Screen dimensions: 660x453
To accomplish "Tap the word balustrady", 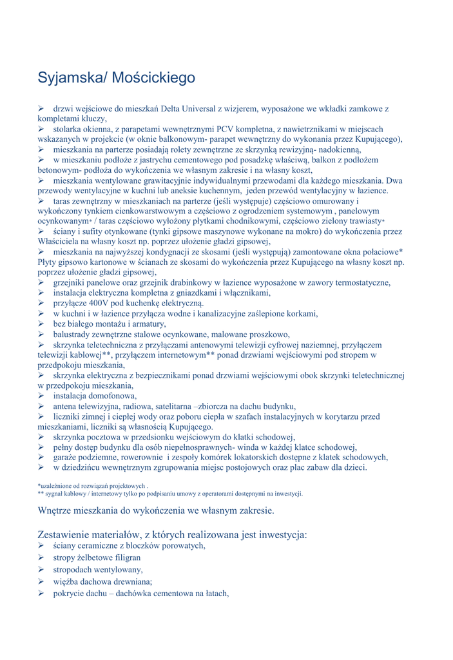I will (73, 334).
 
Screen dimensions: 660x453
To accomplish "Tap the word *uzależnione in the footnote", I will (57, 485).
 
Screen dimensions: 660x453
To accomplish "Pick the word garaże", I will (67, 457).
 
